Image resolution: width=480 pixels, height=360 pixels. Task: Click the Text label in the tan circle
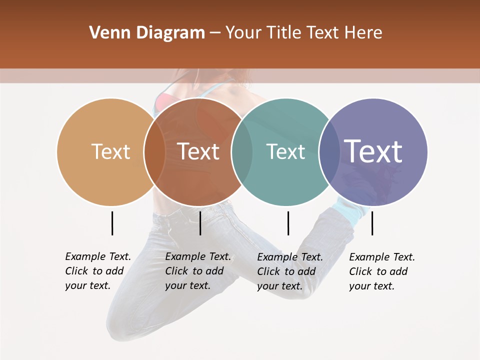(x=111, y=151)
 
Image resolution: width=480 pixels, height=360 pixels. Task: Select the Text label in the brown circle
(x=198, y=151)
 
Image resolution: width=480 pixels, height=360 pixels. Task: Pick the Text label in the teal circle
(x=285, y=151)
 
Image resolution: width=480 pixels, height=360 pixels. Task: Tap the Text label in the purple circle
(x=373, y=151)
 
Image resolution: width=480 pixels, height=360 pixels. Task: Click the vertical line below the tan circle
(x=112, y=223)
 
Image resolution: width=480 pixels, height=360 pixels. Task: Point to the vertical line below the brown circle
(x=200, y=223)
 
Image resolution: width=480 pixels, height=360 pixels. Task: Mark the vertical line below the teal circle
(x=288, y=223)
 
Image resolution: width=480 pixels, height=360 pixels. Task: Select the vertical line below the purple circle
(x=372, y=223)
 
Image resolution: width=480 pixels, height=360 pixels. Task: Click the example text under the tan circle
(x=97, y=271)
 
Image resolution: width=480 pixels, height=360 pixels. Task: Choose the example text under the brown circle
(x=197, y=271)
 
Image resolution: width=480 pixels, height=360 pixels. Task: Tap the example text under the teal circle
(x=289, y=271)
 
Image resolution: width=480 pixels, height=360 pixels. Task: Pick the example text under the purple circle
(x=381, y=271)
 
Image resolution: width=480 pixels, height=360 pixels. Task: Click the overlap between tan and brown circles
(x=154, y=151)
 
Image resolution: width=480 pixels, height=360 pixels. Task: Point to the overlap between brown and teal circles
(x=241, y=151)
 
